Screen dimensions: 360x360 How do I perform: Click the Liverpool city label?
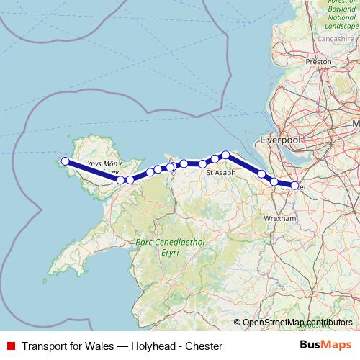tap(280, 139)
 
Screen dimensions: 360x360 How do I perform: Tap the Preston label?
tap(318, 62)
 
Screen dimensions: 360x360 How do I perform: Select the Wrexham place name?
tap(281, 217)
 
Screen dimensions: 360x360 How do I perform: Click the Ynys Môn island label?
tap(102, 165)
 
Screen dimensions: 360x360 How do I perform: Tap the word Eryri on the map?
tap(170, 253)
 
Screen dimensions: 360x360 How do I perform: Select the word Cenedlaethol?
tap(177, 243)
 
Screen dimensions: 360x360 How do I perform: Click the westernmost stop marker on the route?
tap(66, 161)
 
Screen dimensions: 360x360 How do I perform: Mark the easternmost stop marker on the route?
tap(294, 186)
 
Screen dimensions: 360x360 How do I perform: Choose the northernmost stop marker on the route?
tap(225, 154)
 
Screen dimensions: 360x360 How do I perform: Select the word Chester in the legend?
tap(203, 346)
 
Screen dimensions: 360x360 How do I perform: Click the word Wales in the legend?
tap(99, 346)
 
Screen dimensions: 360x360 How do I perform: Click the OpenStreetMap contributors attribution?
tap(297, 323)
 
